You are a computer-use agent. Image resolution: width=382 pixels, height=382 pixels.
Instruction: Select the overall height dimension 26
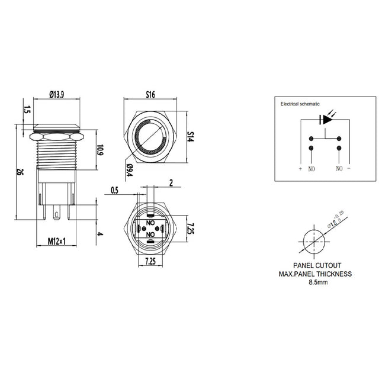[19, 172]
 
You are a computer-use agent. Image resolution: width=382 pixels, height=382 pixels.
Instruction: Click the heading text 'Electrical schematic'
[300, 104]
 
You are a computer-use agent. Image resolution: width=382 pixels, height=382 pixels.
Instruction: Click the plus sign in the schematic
[300, 169]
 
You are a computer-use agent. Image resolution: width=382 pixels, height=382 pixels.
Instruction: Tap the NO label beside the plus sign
[312, 169]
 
